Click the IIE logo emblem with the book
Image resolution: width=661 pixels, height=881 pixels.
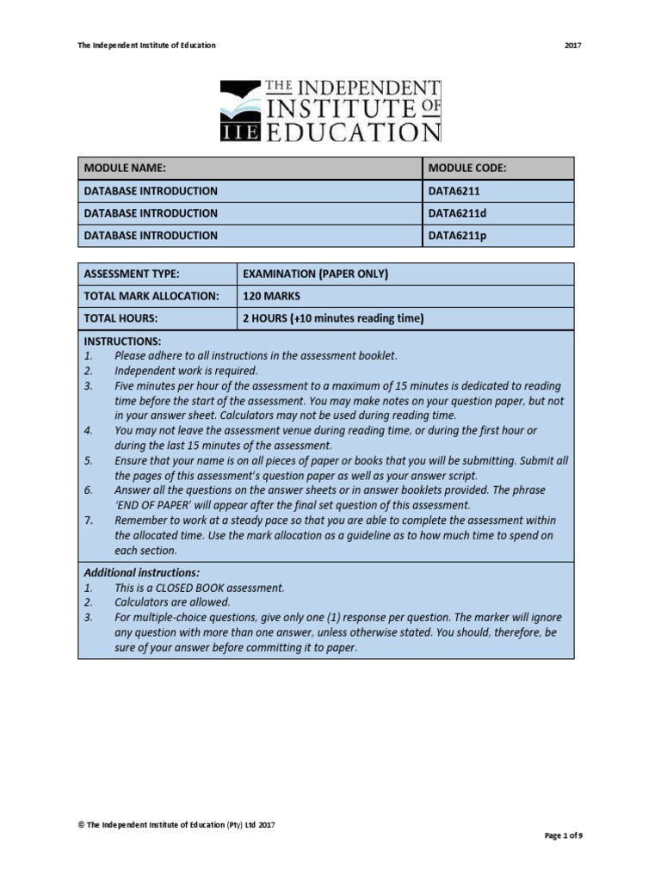tap(243, 110)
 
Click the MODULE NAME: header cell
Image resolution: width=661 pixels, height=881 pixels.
tap(250, 168)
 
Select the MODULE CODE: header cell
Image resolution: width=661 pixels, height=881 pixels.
tap(497, 168)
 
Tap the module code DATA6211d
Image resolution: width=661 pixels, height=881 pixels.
tap(458, 213)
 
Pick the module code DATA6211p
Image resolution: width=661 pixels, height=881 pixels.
tap(458, 235)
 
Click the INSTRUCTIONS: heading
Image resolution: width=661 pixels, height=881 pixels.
tap(122, 342)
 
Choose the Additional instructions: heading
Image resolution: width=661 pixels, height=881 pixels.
tap(141, 572)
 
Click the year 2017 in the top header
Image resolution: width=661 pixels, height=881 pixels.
tap(572, 45)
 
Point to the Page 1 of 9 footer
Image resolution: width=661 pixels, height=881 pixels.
tap(564, 835)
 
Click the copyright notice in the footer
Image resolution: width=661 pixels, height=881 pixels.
tap(176, 824)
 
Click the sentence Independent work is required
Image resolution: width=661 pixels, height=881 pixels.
tap(187, 371)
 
